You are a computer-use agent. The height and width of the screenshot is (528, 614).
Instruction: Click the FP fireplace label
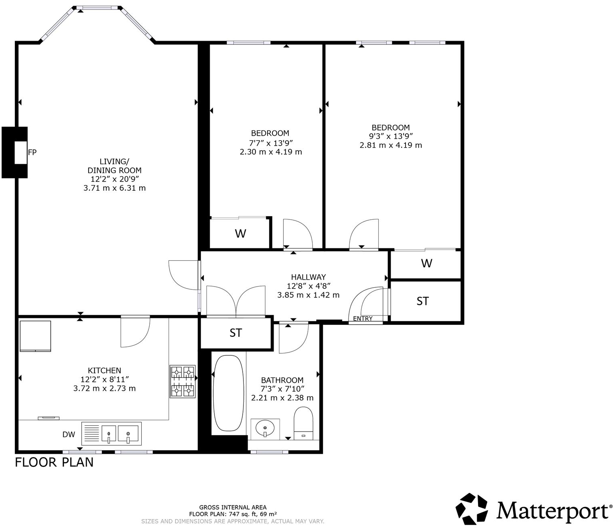click(32, 153)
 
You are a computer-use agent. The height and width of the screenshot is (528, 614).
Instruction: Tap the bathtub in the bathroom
click(228, 393)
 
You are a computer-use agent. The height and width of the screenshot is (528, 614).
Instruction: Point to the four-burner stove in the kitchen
click(183, 381)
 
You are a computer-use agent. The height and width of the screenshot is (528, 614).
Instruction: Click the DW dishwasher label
click(69, 435)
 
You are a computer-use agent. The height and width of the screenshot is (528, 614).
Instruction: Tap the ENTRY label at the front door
click(363, 319)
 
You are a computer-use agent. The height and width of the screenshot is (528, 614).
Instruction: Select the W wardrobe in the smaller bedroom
click(240, 233)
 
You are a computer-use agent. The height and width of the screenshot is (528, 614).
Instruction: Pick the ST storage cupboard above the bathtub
click(236, 333)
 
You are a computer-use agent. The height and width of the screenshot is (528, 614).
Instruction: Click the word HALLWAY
click(308, 277)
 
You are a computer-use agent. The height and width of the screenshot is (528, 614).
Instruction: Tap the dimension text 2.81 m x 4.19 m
click(391, 145)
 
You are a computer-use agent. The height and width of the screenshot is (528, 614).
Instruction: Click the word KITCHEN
click(104, 370)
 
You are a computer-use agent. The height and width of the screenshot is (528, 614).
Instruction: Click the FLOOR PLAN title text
click(54, 462)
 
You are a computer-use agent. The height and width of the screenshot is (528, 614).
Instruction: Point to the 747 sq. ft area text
click(233, 514)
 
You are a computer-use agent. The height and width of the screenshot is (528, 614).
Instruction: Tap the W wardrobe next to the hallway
click(426, 263)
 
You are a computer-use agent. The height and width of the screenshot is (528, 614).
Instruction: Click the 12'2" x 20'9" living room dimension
click(115, 179)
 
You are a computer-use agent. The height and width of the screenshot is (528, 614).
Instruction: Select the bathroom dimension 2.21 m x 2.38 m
click(282, 398)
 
